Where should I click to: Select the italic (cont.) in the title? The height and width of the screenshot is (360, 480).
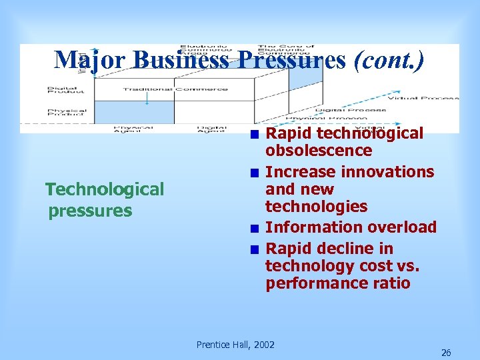point(387,60)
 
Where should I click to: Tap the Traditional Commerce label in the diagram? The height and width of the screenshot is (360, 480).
point(175,89)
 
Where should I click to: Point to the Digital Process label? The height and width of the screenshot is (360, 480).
point(351,110)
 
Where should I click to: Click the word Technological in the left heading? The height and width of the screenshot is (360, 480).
point(105,190)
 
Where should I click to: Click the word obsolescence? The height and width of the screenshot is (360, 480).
point(319,151)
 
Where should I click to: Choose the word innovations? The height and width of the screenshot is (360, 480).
point(387,172)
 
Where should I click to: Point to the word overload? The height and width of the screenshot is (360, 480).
point(405,227)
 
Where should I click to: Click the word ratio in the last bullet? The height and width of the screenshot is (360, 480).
point(392,283)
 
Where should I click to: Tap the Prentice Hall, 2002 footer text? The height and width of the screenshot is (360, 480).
point(235,345)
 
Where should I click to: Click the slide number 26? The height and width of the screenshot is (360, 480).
point(446,353)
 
